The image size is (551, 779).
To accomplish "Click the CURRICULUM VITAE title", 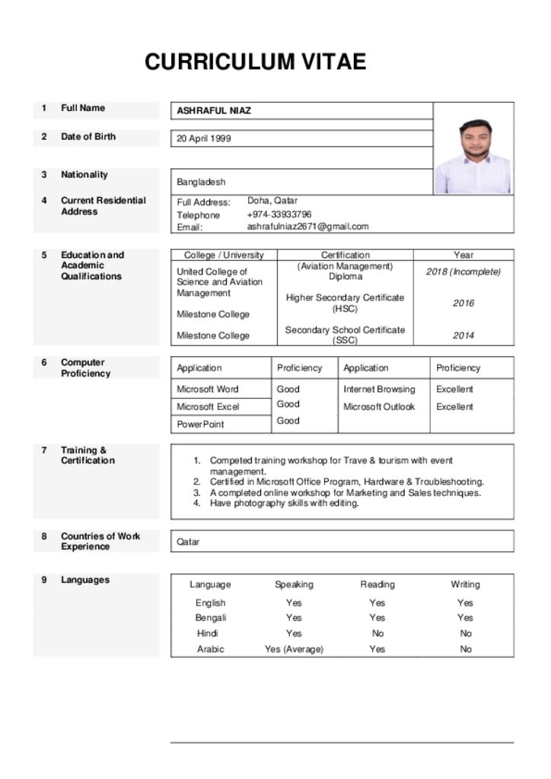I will click(x=256, y=62).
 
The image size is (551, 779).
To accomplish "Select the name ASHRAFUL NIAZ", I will click(x=214, y=111).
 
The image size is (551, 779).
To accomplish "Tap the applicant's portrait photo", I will click(x=473, y=155).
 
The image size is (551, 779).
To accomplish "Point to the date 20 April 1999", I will click(x=204, y=139).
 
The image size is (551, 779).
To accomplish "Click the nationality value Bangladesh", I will click(x=201, y=183).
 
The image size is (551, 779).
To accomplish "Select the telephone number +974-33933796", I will click(x=279, y=215).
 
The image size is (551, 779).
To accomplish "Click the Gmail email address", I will click(x=307, y=227).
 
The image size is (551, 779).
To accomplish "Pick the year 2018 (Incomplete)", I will click(x=463, y=272).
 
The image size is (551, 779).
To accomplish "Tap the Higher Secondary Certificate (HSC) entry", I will click(x=345, y=303).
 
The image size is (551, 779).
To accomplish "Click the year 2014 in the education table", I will click(x=463, y=335).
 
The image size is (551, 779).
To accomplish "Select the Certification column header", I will click(x=345, y=256).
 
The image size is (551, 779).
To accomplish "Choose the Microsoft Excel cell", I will click(x=208, y=407).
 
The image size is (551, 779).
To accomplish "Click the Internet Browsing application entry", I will click(x=379, y=389).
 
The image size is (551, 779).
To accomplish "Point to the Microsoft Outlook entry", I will click(x=379, y=407).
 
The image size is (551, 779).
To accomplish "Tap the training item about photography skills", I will click(x=284, y=504).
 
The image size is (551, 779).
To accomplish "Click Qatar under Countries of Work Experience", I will click(x=188, y=542).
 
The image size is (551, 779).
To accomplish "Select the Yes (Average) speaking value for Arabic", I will click(x=294, y=650).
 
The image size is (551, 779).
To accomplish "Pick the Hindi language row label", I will click(x=208, y=634).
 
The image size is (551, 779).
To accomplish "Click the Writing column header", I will click(x=465, y=585).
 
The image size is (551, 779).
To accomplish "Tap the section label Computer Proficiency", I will click(x=85, y=368).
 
